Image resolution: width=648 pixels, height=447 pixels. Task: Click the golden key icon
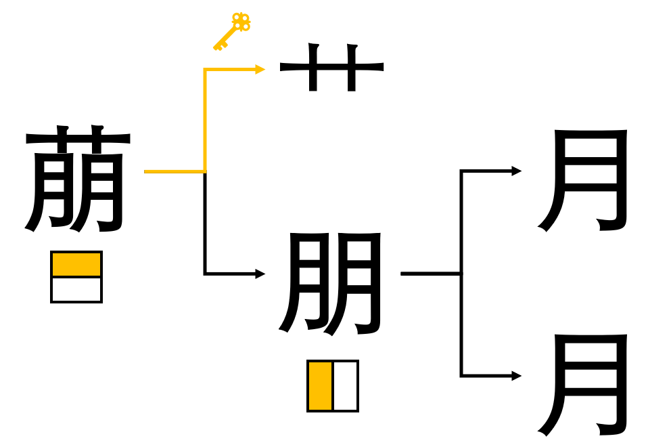(x=232, y=32)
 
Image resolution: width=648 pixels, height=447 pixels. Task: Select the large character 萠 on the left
(x=78, y=178)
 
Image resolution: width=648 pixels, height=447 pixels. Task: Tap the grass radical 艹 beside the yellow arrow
(x=332, y=67)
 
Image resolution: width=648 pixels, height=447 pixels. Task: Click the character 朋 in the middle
(x=330, y=284)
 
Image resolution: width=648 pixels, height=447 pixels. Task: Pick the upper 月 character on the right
(x=582, y=180)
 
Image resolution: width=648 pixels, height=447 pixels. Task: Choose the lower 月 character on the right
(x=582, y=385)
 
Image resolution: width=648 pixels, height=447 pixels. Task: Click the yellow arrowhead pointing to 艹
(x=260, y=69)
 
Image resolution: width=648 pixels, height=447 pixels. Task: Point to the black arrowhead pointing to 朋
(x=260, y=274)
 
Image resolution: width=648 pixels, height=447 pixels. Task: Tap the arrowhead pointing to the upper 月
(x=517, y=171)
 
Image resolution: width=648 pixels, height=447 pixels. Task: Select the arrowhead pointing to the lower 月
(x=517, y=376)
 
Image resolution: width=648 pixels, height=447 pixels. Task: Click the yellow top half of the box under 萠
(x=76, y=264)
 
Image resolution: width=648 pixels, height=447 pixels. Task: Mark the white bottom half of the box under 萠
(x=76, y=289)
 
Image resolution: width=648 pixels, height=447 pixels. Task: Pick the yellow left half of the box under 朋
(x=321, y=386)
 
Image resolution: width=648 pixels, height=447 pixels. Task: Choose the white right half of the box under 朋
(x=345, y=386)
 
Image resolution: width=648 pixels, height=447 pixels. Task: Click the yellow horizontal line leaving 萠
(x=175, y=171)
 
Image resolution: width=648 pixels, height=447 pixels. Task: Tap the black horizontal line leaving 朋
(x=432, y=274)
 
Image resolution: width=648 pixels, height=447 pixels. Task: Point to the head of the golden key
(x=241, y=22)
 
